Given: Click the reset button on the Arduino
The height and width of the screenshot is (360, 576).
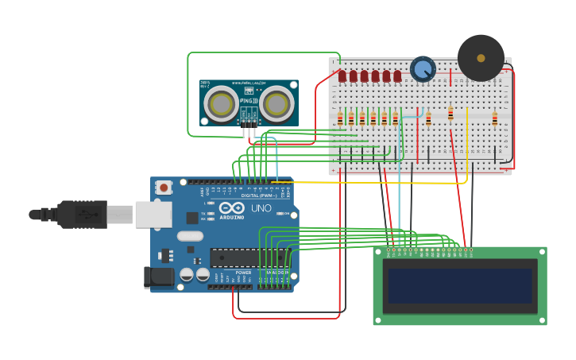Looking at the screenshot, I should [163, 188].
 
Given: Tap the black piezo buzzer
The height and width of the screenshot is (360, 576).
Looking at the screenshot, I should [481, 58].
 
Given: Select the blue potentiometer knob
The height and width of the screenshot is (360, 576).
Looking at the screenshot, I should [423, 70].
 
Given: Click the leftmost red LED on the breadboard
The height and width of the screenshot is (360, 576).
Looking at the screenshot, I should [342, 76].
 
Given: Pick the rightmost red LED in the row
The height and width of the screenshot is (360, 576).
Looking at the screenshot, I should [397, 76].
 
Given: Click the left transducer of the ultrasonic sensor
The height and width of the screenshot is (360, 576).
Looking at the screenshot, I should [221, 103].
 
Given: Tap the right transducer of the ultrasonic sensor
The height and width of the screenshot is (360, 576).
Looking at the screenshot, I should [276, 103].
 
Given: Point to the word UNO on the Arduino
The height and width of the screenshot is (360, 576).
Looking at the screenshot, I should [261, 208].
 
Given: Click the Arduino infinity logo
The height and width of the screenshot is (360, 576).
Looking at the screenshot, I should [232, 208].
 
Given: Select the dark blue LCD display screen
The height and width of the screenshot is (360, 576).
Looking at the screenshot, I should [460, 285].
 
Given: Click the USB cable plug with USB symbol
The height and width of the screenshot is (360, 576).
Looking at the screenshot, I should [83, 214].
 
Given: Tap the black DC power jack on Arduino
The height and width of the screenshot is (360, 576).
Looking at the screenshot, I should [158, 277].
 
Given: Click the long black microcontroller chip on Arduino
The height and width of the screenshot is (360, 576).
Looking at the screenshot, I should [248, 257].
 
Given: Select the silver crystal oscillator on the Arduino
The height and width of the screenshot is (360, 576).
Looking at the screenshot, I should [190, 236].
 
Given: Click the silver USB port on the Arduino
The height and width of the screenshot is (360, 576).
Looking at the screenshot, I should [153, 214].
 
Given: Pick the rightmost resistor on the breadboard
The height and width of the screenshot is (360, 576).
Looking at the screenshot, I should [494, 118].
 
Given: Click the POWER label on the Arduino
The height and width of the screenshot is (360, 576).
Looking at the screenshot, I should [243, 273].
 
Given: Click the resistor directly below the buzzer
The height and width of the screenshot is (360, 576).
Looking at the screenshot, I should [450, 114].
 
